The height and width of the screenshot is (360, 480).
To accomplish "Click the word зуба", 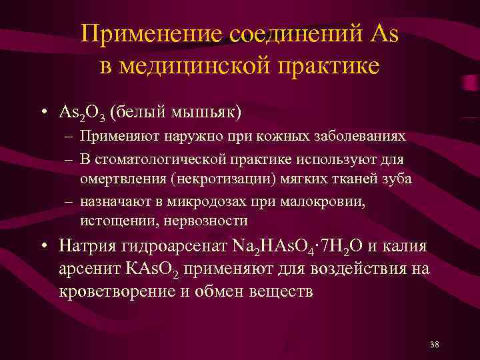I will tap(397, 179).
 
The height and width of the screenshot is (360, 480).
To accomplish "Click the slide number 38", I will tap(435, 344).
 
